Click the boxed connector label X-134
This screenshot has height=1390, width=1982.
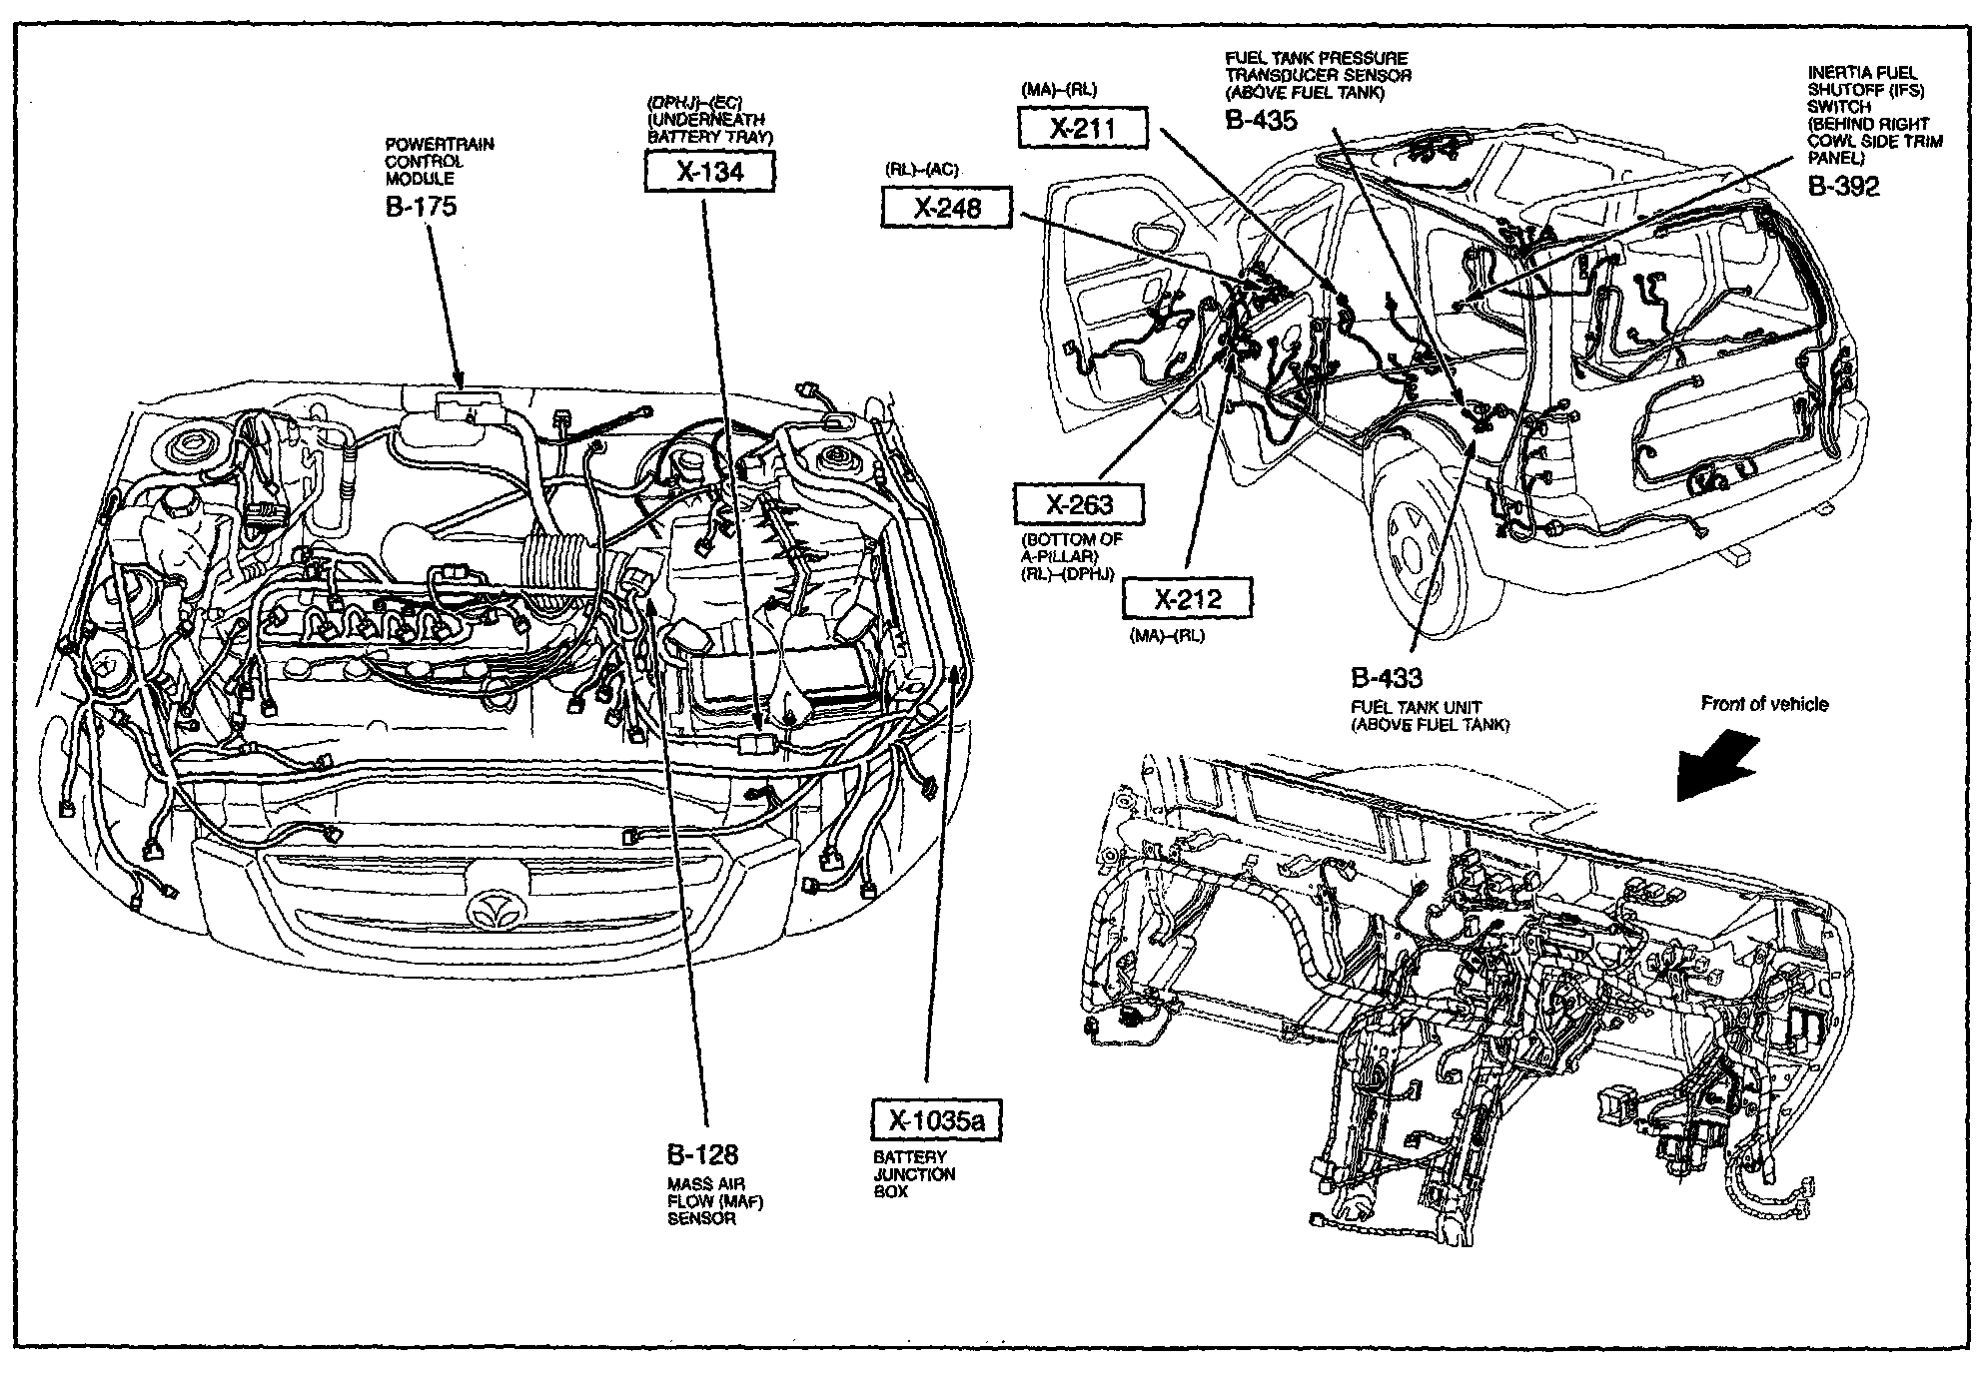tap(709, 172)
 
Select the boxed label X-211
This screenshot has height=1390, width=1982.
tap(1083, 128)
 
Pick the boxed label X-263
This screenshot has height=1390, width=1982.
tap(1079, 504)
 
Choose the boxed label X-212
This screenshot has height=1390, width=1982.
tap(1187, 598)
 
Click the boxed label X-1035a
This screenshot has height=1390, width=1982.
tap(936, 1120)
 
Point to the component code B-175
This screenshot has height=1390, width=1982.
tap(421, 207)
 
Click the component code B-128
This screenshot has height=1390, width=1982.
tap(702, 1154)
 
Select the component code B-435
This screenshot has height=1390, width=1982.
tap(1261, 120)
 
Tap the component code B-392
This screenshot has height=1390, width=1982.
tap(1843, 186)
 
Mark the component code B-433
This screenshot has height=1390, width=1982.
tap(1386, 678)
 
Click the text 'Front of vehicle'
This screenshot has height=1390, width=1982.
tap(1764, 704)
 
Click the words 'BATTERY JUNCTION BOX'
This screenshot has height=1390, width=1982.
tap(914, 1174)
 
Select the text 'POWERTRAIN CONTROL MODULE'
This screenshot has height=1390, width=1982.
tap(440, 162)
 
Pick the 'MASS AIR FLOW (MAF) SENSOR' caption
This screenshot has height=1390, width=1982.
tap(715, 1201)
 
